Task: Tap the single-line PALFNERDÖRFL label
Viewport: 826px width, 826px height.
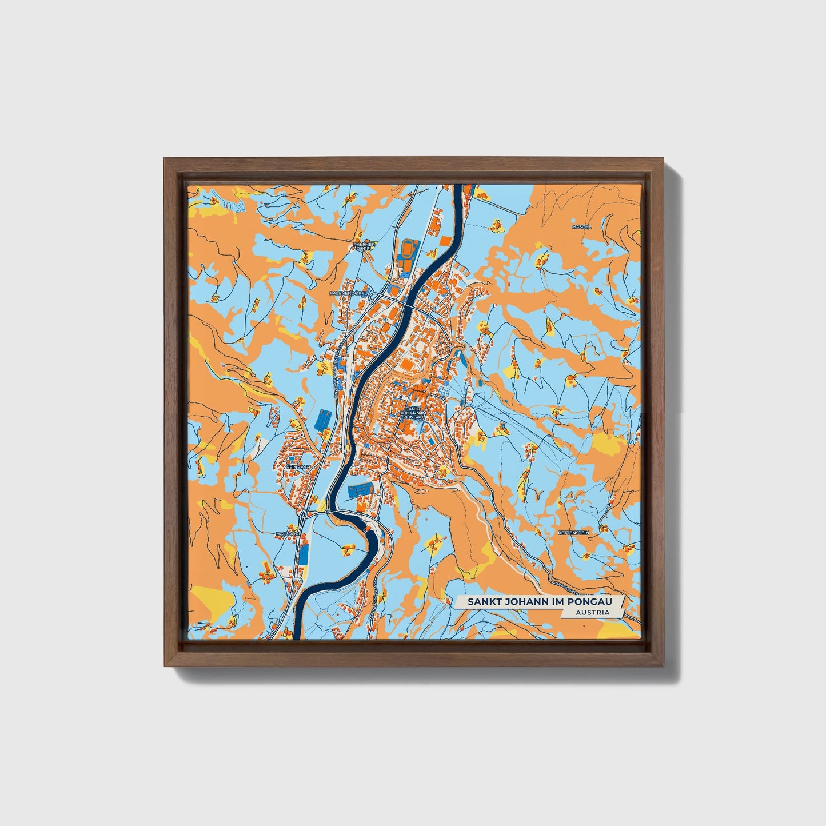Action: (348, 293)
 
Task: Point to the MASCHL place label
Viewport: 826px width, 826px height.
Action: (582, 226)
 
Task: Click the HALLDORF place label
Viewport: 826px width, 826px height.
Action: (288, 533)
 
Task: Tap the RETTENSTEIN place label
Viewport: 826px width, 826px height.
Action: (573, 532)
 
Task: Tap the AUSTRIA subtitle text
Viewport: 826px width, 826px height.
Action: (593, 612)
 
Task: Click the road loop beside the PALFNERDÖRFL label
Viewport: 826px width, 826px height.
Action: (374, 296)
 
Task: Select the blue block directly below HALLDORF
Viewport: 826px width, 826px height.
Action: (304, 552)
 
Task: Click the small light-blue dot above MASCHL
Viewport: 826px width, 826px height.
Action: (573, 217)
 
